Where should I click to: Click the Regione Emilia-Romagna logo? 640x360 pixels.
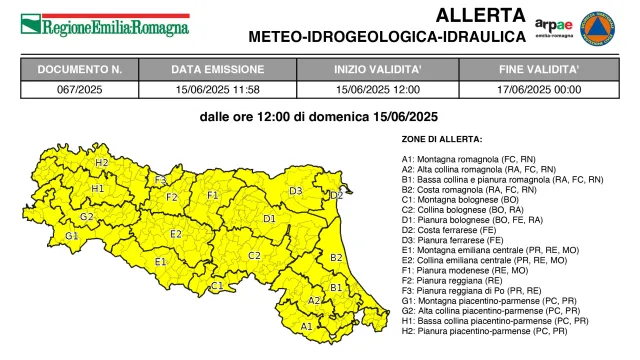[104, 21]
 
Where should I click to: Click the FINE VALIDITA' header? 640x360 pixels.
[539, 70]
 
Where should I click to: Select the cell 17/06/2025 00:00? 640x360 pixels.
[539, 89]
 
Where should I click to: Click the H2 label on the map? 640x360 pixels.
[102, 162]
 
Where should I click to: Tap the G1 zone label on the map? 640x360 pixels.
[71, 236]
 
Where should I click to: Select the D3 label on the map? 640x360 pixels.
[296, 190]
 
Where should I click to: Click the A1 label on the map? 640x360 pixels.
[306, 326]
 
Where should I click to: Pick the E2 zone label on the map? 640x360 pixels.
[176, 234]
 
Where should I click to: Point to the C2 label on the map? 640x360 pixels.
[254, 256]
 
